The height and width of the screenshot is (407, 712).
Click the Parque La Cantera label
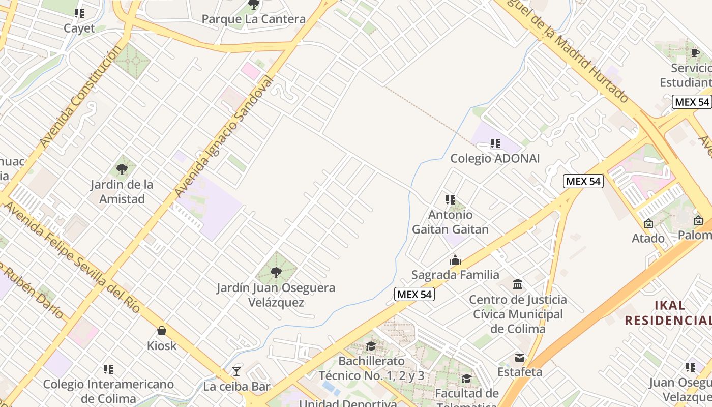[253, 19]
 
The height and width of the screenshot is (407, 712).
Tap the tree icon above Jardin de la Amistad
[122, 169]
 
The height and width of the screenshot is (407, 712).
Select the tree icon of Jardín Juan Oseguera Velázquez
[276, 273]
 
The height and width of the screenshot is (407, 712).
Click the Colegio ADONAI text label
[495, 158]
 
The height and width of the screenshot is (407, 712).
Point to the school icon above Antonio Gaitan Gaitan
[450, 200]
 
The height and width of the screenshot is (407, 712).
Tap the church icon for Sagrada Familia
[455, 260]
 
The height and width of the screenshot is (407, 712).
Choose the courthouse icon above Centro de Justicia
[518, 284]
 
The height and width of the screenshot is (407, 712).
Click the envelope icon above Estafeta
[519, 358]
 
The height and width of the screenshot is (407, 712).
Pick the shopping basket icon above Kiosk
[162, 331]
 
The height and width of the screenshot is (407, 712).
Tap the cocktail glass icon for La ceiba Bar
[236, 371]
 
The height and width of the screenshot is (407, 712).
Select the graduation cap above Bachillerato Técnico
[371, 346]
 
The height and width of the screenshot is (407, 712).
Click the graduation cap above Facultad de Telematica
[466, 379]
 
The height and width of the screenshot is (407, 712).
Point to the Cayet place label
[79, 28]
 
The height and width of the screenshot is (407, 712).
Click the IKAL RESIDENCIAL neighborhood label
[668, 312]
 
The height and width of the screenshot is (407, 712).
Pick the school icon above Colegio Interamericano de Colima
[108, 369]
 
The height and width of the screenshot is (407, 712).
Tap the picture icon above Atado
[648, 223]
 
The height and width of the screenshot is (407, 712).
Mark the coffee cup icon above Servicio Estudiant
[695, 53]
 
